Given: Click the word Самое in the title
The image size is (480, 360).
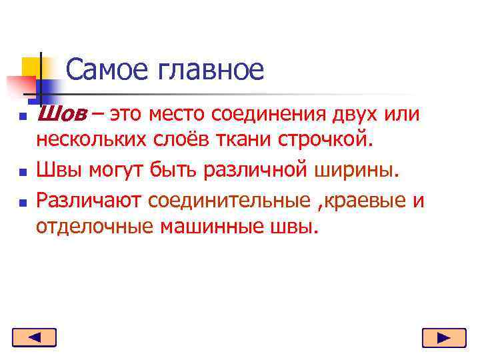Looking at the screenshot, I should [106, 69].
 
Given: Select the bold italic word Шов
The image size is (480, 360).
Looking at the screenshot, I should [60, 114].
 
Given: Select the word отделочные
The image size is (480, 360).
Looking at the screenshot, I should [95, 227].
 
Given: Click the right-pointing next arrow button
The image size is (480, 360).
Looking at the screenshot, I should [443, 339].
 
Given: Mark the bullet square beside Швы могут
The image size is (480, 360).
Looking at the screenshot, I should [22, 173].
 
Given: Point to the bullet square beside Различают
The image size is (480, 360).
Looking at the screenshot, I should [22, 201].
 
